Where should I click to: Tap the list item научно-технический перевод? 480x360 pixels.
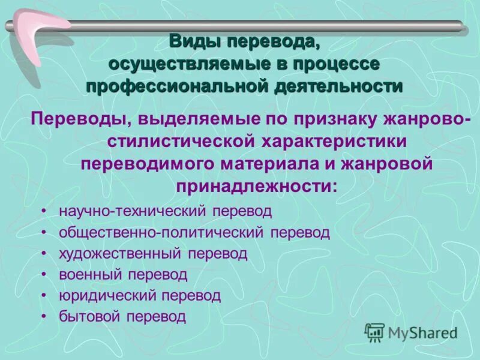pos(166,211)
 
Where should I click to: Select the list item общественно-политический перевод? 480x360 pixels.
pos(194,232)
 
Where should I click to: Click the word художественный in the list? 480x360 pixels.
pos(120,253)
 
